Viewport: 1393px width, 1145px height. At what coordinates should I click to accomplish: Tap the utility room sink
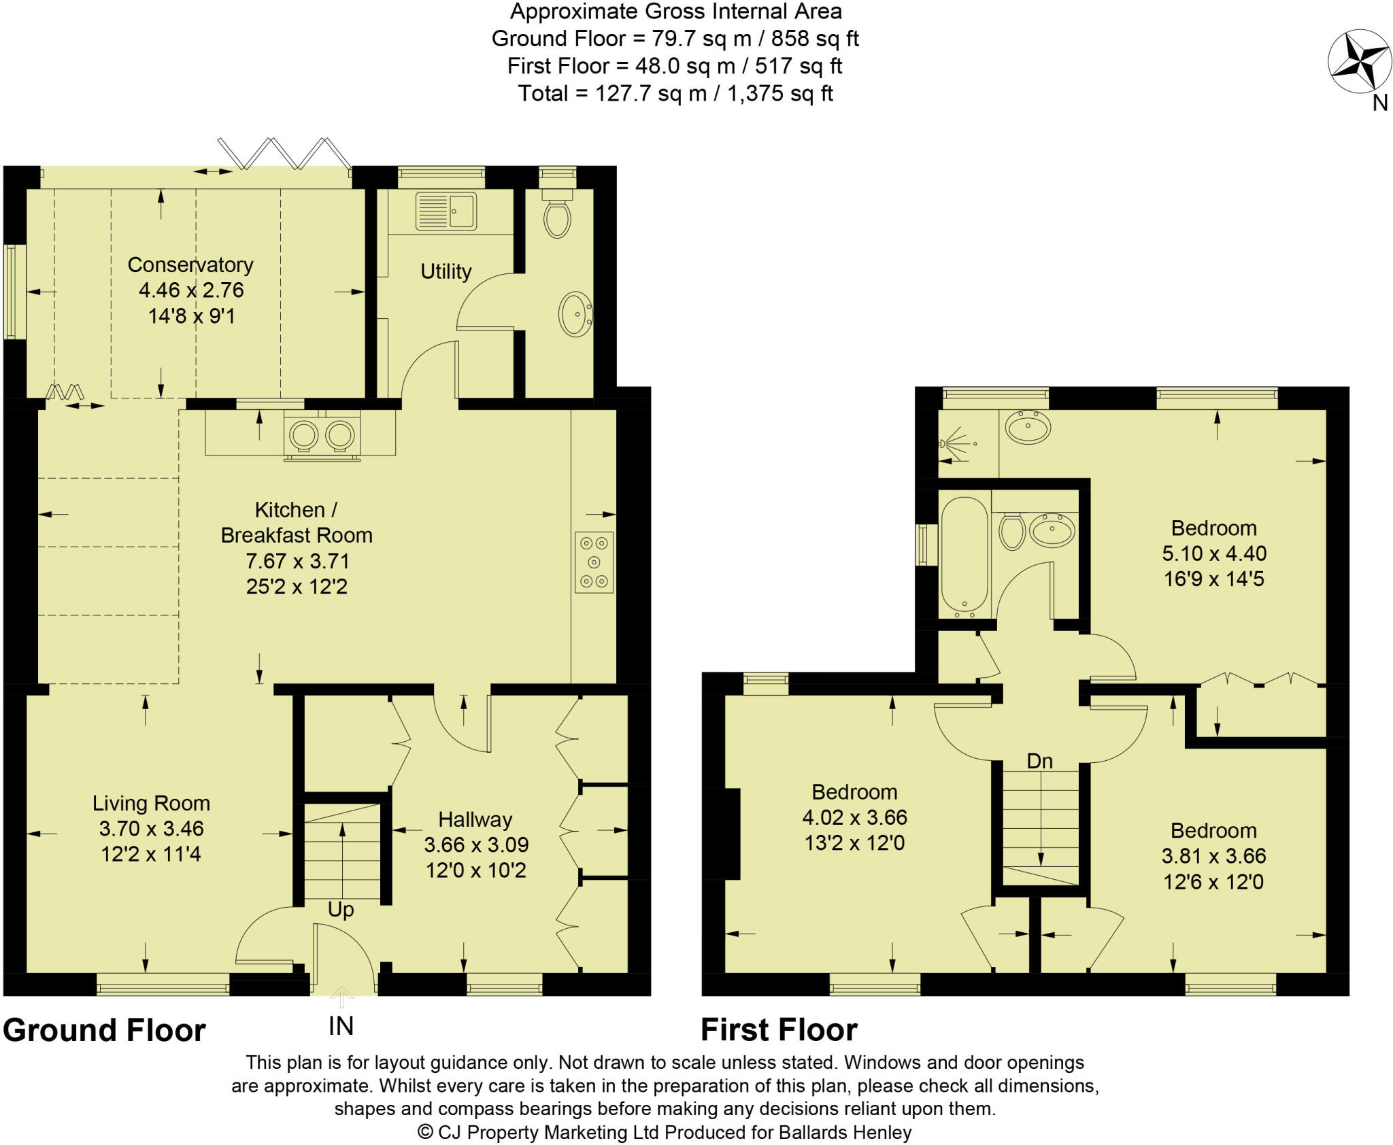coord(446,211)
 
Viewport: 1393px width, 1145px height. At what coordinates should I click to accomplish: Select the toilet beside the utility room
coord(557,213)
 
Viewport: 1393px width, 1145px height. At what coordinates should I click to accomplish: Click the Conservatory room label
coord(190,264)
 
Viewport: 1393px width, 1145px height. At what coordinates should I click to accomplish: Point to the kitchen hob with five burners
coord(594,562)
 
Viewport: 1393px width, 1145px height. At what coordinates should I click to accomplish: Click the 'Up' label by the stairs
coord(341,910)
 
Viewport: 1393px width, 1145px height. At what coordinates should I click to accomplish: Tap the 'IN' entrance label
coord(341,1026)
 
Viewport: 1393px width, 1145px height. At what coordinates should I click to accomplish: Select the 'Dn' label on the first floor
coord(1039,762)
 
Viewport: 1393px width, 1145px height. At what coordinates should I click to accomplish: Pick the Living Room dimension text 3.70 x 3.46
coord(151,829)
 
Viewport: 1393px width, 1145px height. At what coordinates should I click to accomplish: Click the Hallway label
coord(475,819)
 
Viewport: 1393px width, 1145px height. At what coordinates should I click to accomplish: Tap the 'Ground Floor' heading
coord(104,1030)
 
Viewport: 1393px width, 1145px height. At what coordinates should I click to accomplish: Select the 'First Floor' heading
coord(779,1030)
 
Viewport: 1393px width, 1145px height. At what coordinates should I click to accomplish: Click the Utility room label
coord(446,271)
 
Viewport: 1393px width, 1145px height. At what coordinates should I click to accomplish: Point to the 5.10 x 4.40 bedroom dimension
coord(1214,553)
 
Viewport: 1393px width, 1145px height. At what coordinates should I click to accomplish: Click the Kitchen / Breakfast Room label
coord(297,522)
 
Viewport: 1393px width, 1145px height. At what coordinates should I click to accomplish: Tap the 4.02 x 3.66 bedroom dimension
coord(855,817)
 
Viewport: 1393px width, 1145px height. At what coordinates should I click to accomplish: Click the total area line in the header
coord(675,93)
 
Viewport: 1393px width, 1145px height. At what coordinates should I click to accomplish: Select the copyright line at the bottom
coord(665,1132)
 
